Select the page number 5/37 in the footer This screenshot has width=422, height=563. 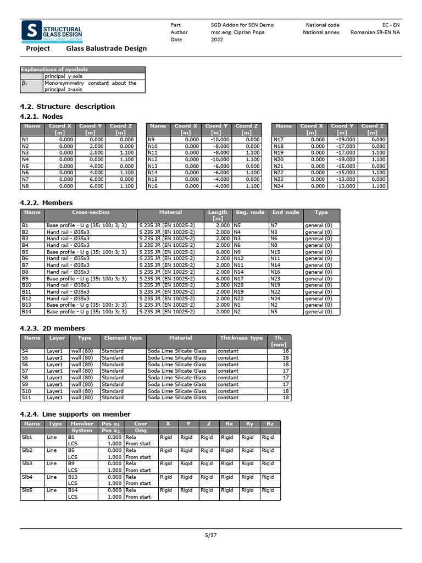pyautogui.click(x=211, y=535)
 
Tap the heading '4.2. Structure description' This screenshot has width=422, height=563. pyautogui.click(x=68, y=107)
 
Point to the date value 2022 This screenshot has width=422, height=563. pyautogui.click(x=217, y=40)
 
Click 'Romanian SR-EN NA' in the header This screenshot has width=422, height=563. pyautogui.click(x=376, y=32)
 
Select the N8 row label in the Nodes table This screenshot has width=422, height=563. pyautogui.click(x=25, y=186)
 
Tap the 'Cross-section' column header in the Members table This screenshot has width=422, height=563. pyautogui.click(x=91, y=212)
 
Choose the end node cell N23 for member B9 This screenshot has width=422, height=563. pyautogui.click(x=277, y=279)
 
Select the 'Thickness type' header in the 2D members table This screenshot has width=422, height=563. pyautogui.click(x=241, y=338)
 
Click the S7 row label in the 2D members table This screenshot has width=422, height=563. pyautogui.click(x=25, y=371)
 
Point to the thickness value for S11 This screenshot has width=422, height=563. pyautogui.click(x=285, y=398)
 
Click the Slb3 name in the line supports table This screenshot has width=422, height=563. pyautogui.click(x=27, y=463)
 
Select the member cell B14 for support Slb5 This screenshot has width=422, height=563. pyautogui.click(x=73, y=490)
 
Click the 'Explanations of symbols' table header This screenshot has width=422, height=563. pyautogui.click(x=54, y=70)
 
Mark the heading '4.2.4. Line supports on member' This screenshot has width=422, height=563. pyautogui.click(x=75, y=414)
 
